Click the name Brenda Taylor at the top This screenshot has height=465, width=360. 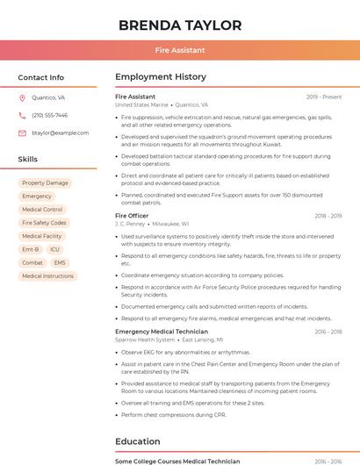tap(180, 25)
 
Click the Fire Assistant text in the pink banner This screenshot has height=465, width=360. tap(180, 51)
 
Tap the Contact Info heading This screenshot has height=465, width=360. tap(41, 77)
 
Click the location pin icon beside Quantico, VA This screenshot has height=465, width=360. tap(22, 98)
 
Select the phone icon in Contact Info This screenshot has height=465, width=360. tap(22, 116)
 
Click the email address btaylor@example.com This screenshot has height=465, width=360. tap(60, 133)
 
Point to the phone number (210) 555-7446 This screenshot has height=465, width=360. tap(50, 116)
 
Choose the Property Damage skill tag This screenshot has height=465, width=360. tap(45, 183)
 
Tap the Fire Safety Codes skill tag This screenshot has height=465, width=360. tap(44, 223)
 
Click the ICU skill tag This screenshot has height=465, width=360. tap(54, 249)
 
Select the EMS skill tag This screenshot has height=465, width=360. tap(60, 262)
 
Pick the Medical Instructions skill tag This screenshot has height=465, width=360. tap(47, 275)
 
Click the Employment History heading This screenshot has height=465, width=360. tap(161, 77)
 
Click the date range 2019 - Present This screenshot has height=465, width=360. tap(324, 97)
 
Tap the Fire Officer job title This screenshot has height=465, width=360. tap(132, 215)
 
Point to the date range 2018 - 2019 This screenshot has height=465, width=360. tap(328, 216)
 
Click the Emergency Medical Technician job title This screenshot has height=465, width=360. tap(162, 332)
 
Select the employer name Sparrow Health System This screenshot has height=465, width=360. tap(145, 340)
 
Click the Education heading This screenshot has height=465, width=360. tap(138, 441)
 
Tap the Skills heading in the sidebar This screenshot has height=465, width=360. tap(28, 160)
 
